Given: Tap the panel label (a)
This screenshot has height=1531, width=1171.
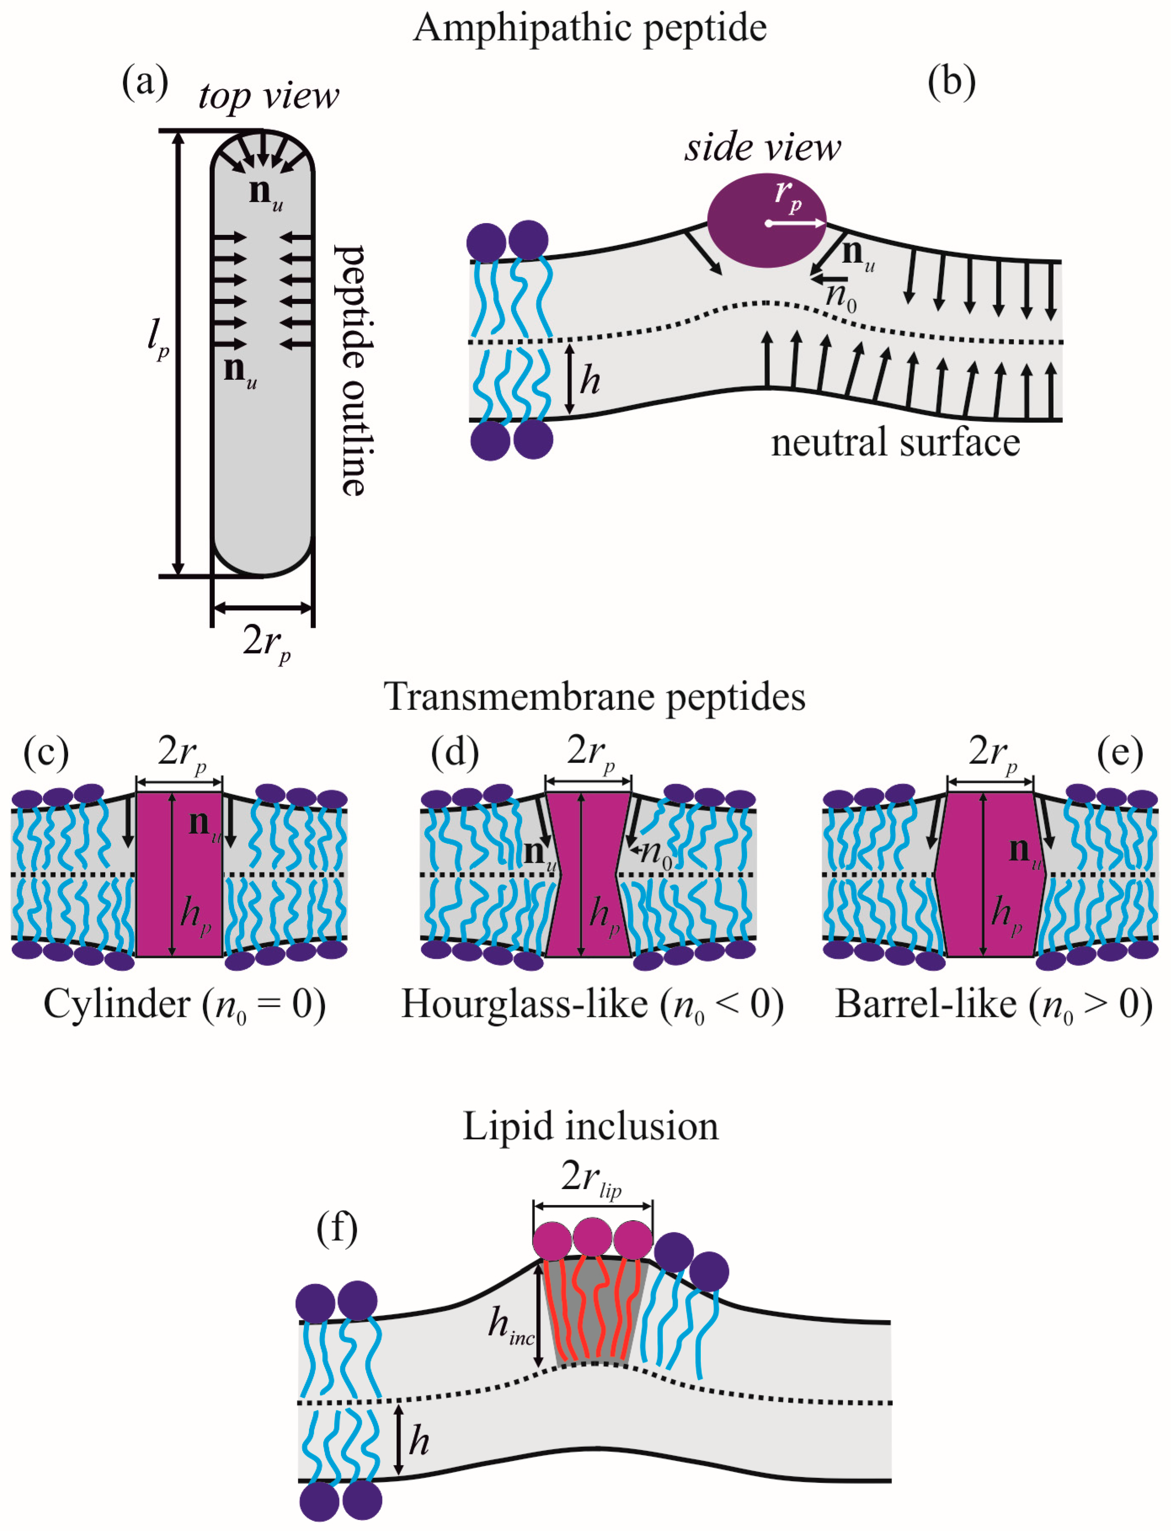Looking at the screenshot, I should pos(145,82).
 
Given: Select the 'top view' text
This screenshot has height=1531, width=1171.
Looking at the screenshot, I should pos(269,96).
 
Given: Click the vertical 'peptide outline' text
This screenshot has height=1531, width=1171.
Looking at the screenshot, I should pos(354,370).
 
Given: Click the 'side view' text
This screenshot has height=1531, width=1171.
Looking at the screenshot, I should pos(763,148).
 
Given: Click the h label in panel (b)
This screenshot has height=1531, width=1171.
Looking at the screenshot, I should pos(590,381).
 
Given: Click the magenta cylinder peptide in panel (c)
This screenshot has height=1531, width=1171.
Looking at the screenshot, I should pos(179,874).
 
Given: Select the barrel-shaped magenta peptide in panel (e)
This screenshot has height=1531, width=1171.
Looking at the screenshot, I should pos(990,874).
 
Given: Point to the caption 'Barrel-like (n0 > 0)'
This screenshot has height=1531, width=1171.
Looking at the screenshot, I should pos(993,1006).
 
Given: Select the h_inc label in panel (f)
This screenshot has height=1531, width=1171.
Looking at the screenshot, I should pos(511,1325).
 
